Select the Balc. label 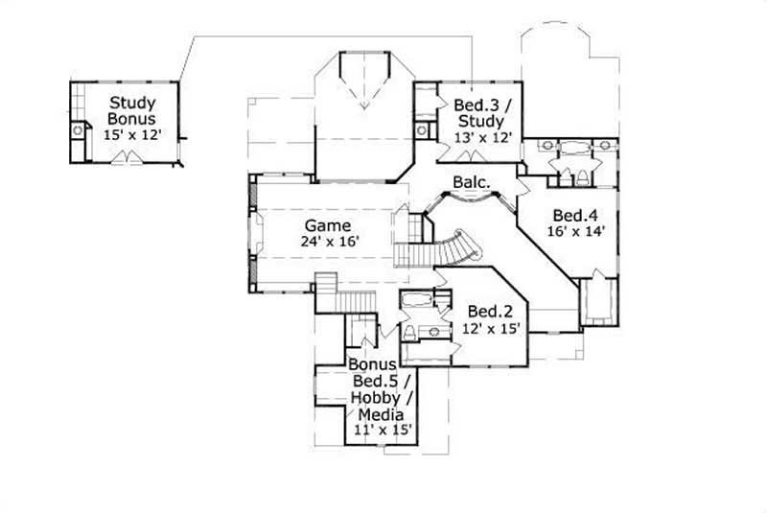(x=472, y=181)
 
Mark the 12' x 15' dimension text (x=490, y=327)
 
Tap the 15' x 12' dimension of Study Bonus (x=131, y=135)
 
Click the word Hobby (x=381, y=397)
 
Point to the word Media (x=380, y=413)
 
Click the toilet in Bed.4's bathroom (x=582, y=176)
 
